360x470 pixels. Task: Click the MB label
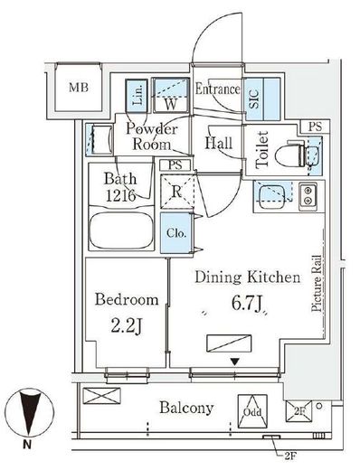(79, 88)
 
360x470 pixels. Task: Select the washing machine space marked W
(171, 95)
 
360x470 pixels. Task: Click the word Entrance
(217, 89)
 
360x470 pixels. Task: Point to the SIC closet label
(254, 99)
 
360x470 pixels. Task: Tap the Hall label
(219, 143)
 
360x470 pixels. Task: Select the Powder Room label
(152, 136)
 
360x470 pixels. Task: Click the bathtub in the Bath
(121, 230)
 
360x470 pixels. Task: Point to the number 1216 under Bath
(120, 196)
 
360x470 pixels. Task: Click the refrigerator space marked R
(177, 192)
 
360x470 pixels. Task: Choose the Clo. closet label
(176, 233)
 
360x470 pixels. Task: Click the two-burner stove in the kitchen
(308, 196)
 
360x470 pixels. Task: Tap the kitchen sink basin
(271, 196)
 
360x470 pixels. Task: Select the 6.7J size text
(246, 303)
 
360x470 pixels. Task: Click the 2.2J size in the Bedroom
(127, 326)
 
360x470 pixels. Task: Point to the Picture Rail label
(317, 283)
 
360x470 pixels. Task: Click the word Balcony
(186, 408)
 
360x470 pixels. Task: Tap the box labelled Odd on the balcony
(252, 411)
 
